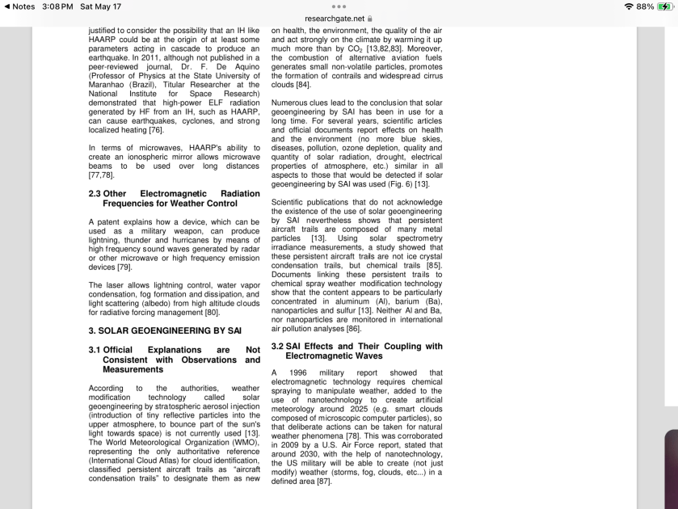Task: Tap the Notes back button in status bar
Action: (19, 6)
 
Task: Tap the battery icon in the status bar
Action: (664, 6)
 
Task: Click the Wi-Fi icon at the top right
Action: (627, 6)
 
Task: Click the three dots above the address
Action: (339, 6)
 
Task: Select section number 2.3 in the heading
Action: (95, 194)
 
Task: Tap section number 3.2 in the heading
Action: (278, 347)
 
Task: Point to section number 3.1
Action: (95, 350)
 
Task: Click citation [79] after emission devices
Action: (124, 267)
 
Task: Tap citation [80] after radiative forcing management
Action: (212, 312)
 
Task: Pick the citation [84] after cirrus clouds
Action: (303, 84)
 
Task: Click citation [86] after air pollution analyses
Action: (353, 329)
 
